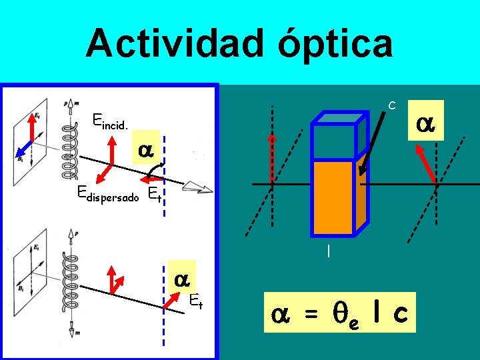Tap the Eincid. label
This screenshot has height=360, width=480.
click(x=110, y=121)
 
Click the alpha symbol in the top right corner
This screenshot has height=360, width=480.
click(x=428, y=123)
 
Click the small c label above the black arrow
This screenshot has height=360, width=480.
click(x=393, y=105)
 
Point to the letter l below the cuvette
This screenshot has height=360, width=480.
click(x=328, y=251)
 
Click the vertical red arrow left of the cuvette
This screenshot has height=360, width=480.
click(x=271, y=157)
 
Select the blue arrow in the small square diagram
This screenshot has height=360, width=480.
click(x=25, y=147)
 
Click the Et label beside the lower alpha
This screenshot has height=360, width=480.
click(x=195, y=301)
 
